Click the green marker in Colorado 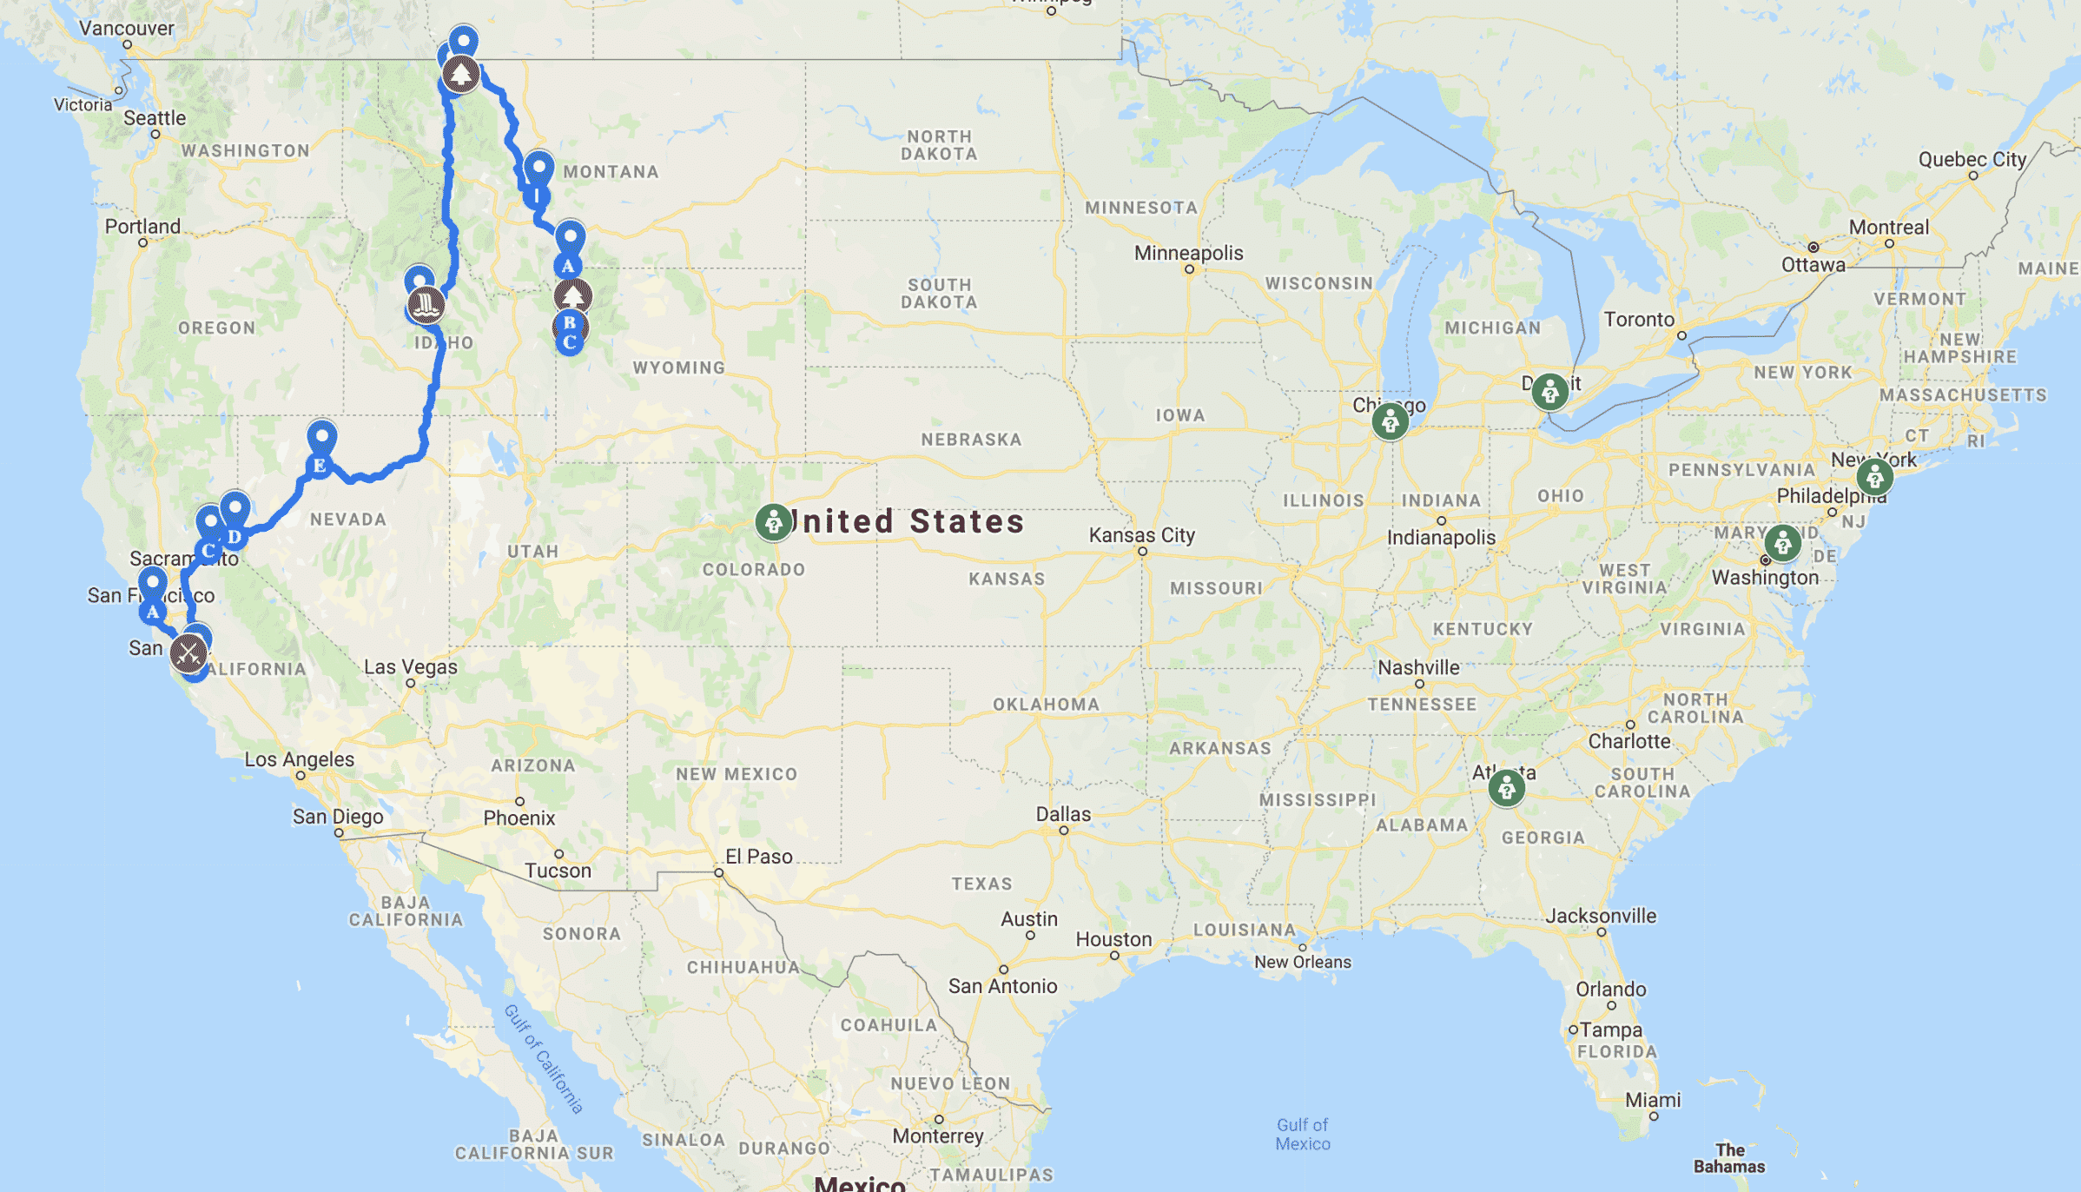click(x=773, y=522)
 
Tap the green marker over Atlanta click(x=1506, y=788)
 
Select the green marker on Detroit click(x=1549, y=391)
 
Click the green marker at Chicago click(x=1390, y=421)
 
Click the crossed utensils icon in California click(x=188, y=653)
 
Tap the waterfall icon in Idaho click(x=426, y=305)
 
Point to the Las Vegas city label click(x=410, y=667)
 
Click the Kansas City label click(x=1141, y=535)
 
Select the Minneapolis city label click(x=1188, y=253)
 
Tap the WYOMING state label click(x=678, y=368)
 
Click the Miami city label click(x=1652, y=1100)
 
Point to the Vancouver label click(x=127, y=28)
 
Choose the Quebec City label click(x=1972, y=160)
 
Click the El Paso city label click(x=758, y=857)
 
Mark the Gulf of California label click(x=544, y=1058)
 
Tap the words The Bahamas click(x=1728, y=1158)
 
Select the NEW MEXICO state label click(x=736, y=774)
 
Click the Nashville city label click(x=1418, y=667)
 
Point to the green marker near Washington click(x=1782, y=543)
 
